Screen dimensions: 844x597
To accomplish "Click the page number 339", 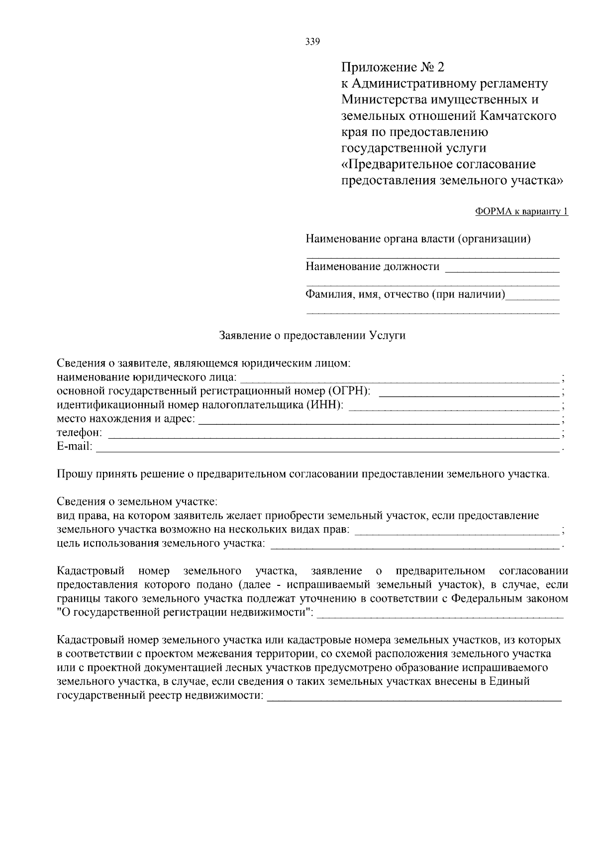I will [312, 42].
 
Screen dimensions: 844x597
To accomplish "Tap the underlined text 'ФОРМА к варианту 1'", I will [521, 212].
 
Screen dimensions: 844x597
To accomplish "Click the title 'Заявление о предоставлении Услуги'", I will [312, 336].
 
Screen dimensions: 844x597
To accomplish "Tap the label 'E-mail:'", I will [75, 447].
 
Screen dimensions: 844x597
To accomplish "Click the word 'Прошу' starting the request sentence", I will [73, 474].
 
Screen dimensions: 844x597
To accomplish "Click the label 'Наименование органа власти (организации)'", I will [418, 239].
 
